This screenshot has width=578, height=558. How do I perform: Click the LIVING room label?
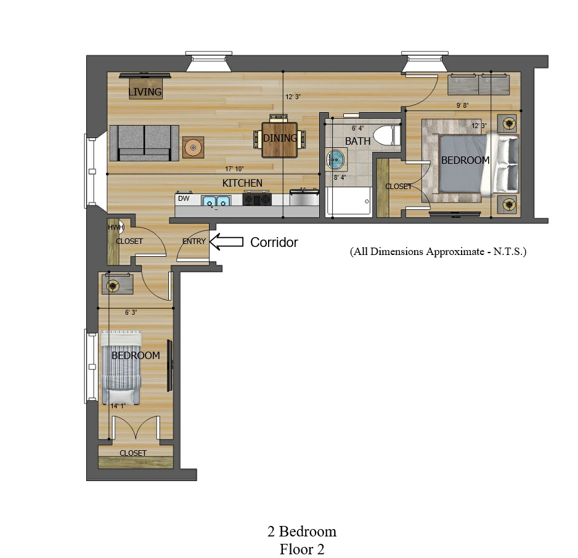point(145,92)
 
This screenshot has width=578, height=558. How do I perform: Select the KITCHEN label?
point(242,183)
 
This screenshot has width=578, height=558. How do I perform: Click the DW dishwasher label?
point(184,198)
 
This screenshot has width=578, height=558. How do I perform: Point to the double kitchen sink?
point(216,201)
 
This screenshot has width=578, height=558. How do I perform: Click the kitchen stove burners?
point(257,200)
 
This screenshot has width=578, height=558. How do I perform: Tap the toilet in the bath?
point(387,135)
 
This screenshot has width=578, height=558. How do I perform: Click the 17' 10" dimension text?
point(234,169)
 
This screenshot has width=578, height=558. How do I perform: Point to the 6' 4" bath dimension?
point(357,128)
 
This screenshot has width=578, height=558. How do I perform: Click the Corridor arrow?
point(226,242)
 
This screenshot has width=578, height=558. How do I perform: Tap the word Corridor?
point(274,242)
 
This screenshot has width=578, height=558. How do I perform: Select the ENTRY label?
point(194,241)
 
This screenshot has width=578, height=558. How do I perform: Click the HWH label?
point(115,228)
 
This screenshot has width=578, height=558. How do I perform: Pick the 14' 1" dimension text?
point(118,406)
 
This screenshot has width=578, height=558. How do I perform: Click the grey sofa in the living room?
point(144,143)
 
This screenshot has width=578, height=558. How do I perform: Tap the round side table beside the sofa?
point(193,148)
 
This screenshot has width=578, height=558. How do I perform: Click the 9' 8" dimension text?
point(462,105)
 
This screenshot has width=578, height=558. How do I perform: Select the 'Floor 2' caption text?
point(302,549)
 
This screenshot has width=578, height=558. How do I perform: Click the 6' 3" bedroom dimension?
point(131,312)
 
